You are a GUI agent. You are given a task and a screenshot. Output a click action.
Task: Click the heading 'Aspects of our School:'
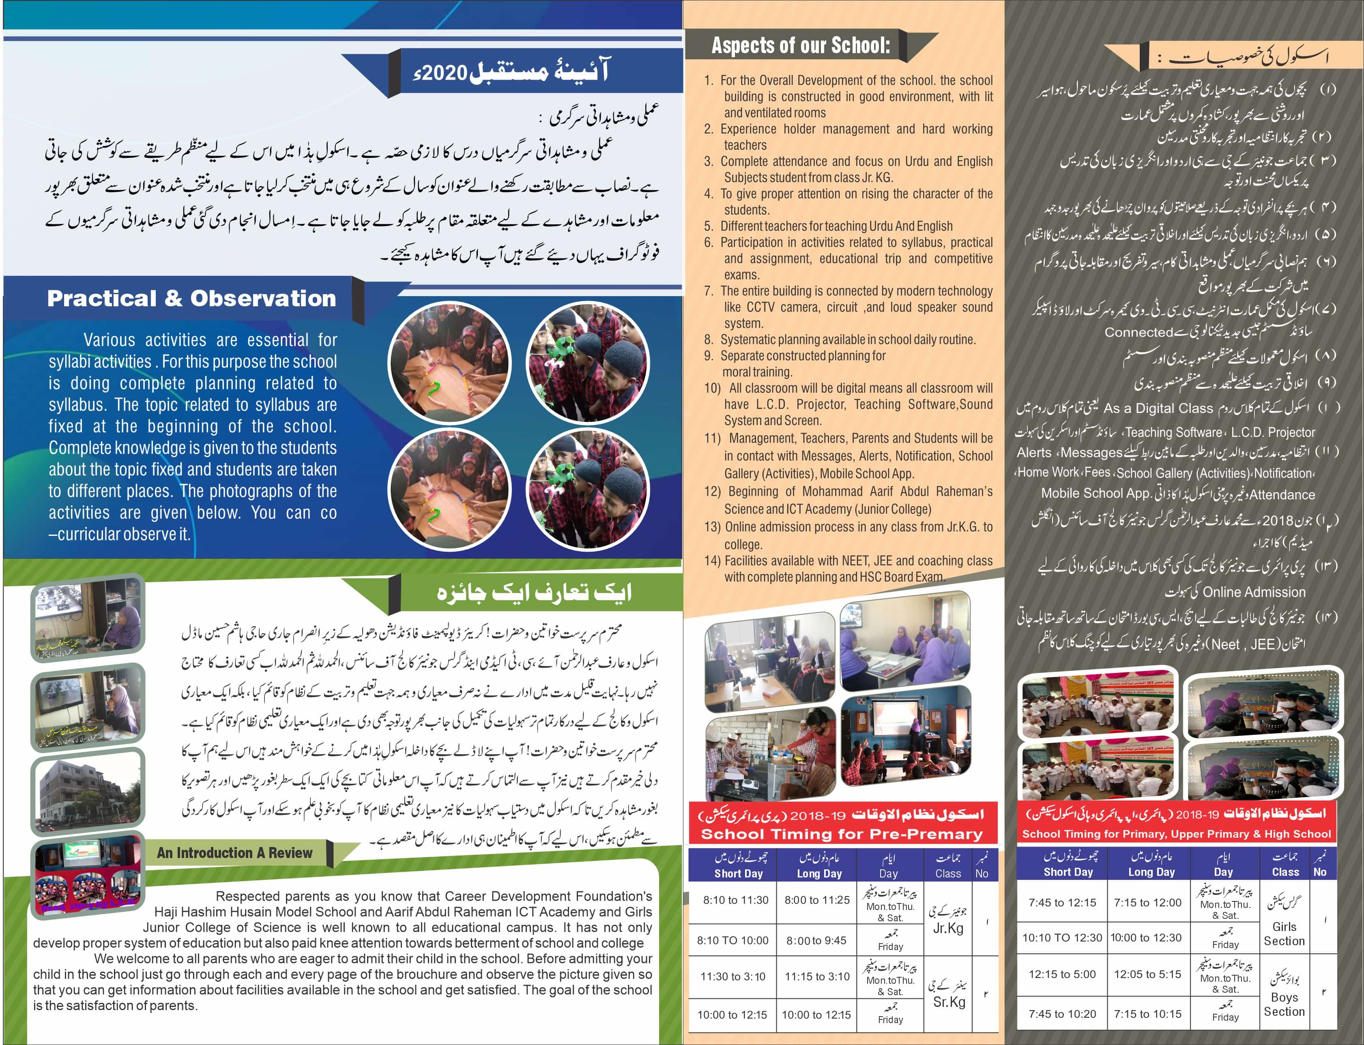[x=801, y=45]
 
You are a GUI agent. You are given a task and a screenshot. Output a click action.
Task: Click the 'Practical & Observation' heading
[x=191, y=299]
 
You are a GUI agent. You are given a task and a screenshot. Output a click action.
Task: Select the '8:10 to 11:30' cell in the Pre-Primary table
[x=735, y=900]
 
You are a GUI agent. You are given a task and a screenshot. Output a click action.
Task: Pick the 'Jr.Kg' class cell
[x=948, y=928]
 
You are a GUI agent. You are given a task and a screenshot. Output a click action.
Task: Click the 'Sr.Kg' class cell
[x=949, y=1002]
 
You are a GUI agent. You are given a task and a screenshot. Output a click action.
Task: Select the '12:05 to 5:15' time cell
[x=1147, y=974]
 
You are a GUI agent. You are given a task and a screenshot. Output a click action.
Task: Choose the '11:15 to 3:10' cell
[x=817, y=976]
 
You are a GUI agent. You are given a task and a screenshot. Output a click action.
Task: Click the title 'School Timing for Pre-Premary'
[x=842, y=834]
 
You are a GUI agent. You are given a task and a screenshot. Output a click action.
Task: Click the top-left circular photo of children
[x=449, y=363]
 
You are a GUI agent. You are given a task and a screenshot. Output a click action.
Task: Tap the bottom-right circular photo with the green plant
[x=587, y=490]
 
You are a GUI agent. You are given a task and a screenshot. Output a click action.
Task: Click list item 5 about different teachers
[x=836, y=226]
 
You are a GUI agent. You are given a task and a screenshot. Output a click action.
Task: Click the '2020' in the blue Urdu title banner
[x=443, y=73]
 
